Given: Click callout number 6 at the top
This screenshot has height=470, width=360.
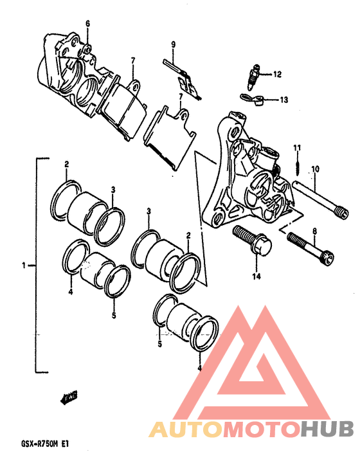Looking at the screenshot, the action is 87,24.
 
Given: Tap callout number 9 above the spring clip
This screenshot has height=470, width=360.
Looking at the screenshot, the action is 174,44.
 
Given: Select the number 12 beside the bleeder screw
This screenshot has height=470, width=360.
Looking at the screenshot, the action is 277,74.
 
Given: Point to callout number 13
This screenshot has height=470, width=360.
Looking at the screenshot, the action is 283,99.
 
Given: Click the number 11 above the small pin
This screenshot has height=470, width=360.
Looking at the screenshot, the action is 297,148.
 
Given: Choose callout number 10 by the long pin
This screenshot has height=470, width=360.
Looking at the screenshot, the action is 315,169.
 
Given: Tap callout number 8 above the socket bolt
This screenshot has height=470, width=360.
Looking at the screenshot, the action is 314,231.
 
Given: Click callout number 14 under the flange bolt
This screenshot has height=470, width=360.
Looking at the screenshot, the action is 256,276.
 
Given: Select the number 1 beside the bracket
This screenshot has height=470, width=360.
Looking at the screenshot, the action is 24,266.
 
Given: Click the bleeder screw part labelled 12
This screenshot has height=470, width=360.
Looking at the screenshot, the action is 253,77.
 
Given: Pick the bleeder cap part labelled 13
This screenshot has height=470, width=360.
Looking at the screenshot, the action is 251,100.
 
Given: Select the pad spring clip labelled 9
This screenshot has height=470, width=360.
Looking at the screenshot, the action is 182,79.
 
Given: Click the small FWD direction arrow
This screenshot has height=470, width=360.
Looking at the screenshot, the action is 69,397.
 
